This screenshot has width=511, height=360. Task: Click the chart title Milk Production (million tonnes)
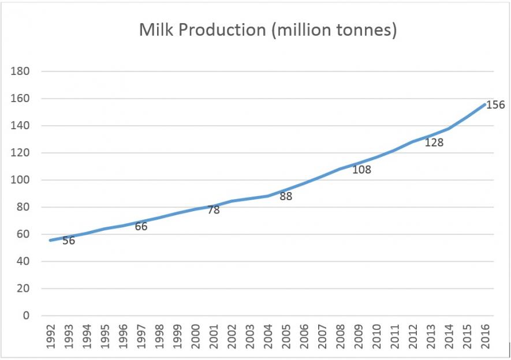click(267, 31)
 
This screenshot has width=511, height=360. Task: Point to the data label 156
click(495, 105)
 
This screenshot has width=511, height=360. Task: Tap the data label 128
click(434, 142)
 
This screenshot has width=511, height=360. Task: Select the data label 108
click(361, 170)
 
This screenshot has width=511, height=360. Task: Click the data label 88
click(285, 196)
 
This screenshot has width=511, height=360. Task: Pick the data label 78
click(213, 210)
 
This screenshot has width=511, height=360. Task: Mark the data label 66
click(141, 227)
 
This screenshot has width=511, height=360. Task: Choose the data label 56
click(69, 241)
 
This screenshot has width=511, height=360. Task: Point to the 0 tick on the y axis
click(25, 316)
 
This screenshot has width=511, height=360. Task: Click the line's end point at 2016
click(484, 104)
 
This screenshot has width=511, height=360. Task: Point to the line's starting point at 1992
click(51, 240)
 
